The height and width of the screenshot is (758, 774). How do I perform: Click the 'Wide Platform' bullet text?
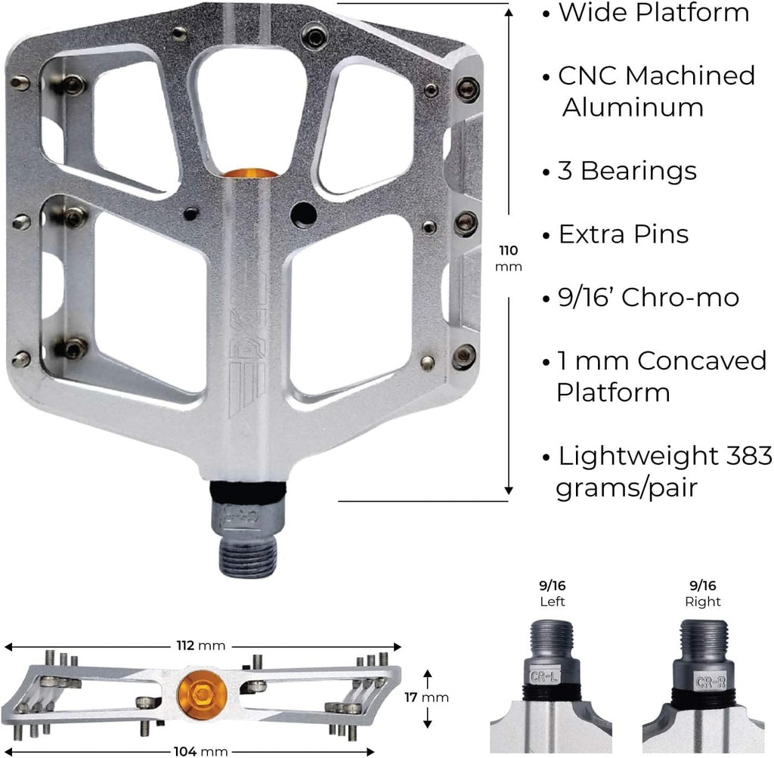pos(653,13)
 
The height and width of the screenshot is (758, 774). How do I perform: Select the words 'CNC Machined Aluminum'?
pos(655,91)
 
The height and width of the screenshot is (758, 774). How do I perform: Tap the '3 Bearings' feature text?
pos(627,172)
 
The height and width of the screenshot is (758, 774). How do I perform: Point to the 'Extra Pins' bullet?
pos(623,234)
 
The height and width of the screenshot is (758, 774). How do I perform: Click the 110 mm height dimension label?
pos(509,257)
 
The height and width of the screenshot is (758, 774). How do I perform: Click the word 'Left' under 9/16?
pos(553,602)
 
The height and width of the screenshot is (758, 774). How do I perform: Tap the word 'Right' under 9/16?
pos(702,602)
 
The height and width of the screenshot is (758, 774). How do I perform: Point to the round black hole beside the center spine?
pos(304,215)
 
